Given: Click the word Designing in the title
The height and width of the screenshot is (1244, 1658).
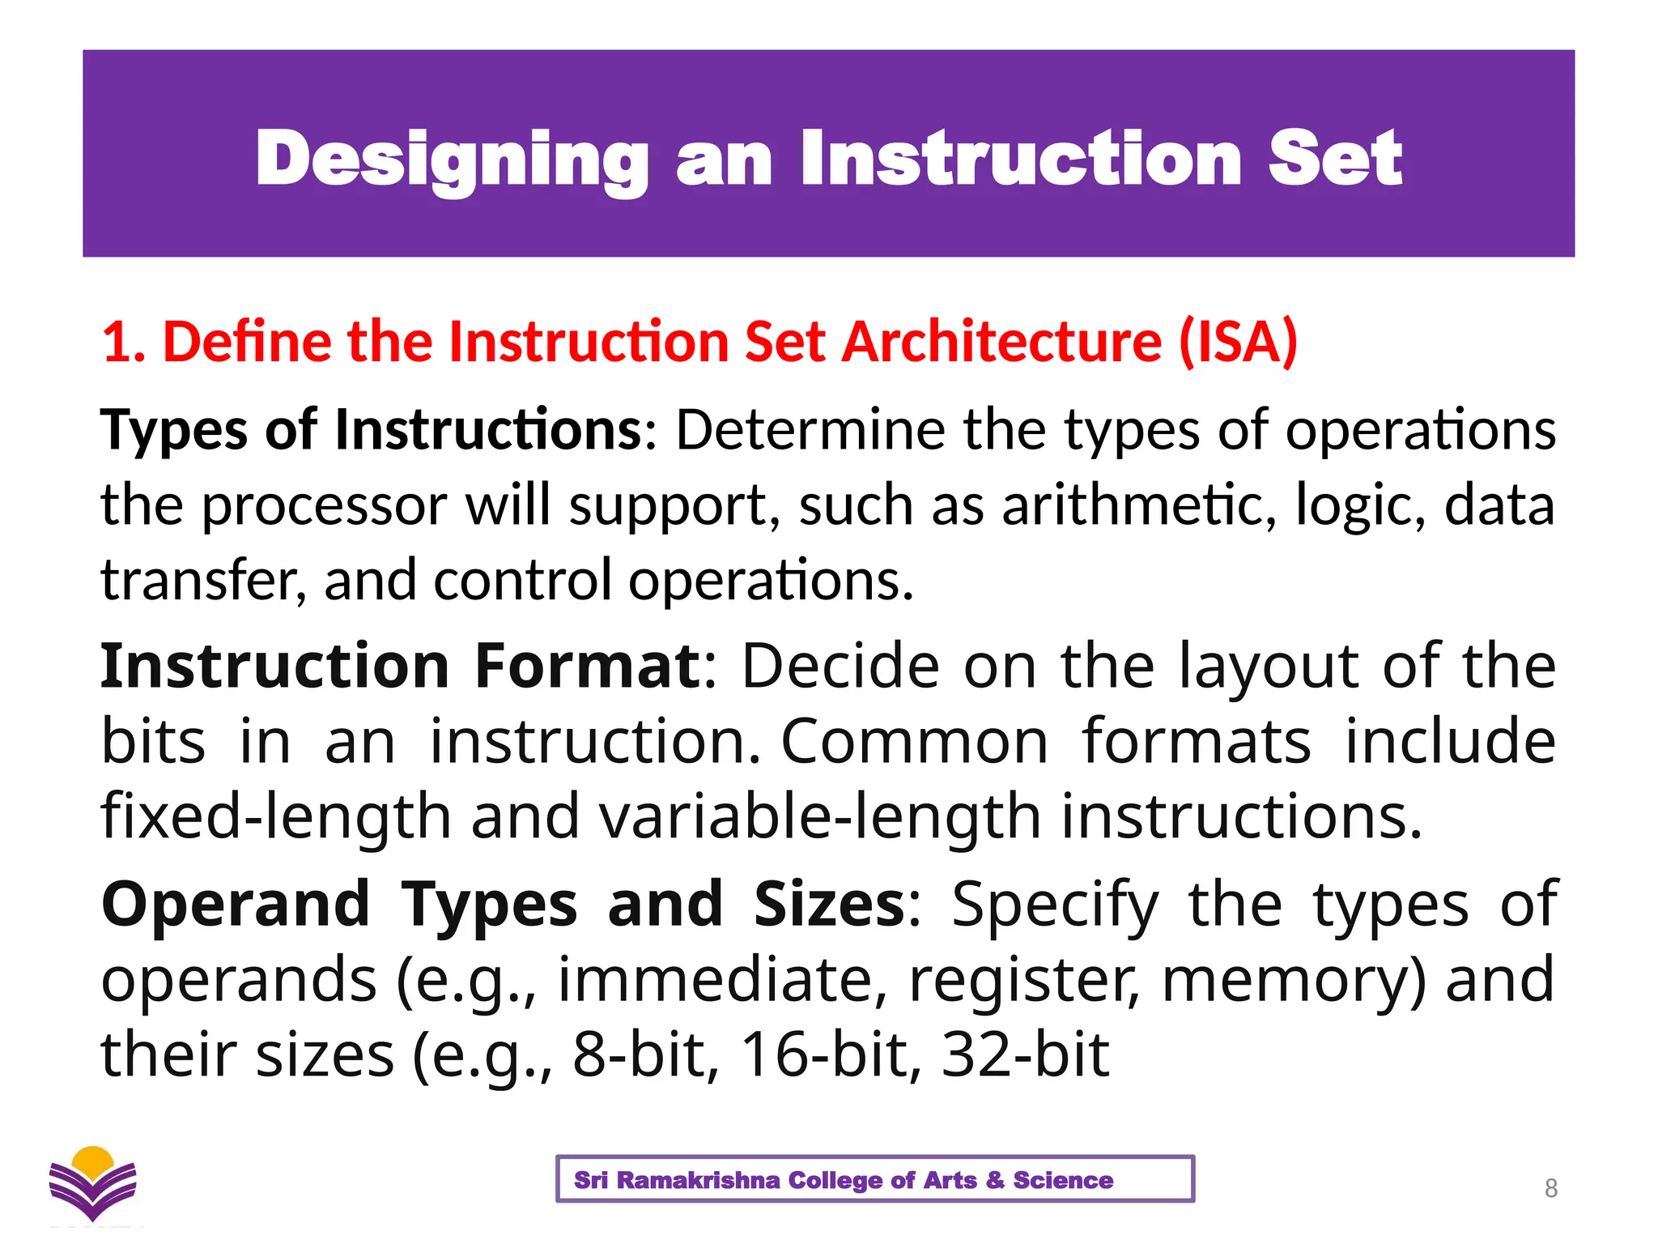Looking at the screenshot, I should pos(452,160).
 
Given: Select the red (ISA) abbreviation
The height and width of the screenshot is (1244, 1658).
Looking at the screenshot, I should pos(1238,342).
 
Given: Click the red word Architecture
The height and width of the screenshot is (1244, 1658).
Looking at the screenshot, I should pos(1001,342).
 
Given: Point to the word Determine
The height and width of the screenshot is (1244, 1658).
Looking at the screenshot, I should pos(810,429).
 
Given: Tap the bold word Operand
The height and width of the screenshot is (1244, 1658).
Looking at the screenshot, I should pos(236,905).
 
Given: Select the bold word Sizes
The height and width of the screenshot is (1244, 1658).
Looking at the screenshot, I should pos(829,905).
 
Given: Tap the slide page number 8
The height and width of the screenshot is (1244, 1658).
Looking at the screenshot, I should pos(1550,1188).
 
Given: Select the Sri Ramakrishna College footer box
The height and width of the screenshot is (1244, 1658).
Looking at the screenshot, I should pos(874,1179).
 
